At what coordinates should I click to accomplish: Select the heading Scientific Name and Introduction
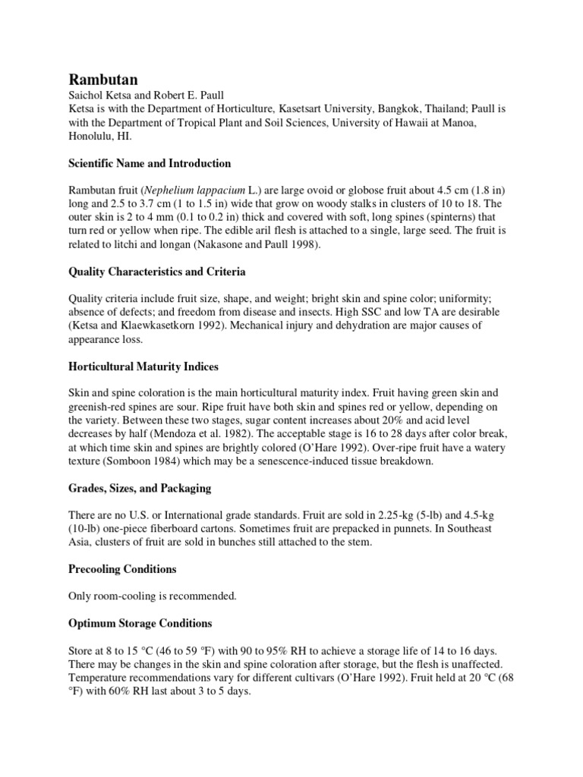[x=150, y=164]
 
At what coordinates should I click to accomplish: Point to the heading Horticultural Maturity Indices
[x=143, y=366]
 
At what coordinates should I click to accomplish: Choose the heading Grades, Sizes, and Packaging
[x=140, y=489]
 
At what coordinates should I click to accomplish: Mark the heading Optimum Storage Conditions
[x=140, y=623]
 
